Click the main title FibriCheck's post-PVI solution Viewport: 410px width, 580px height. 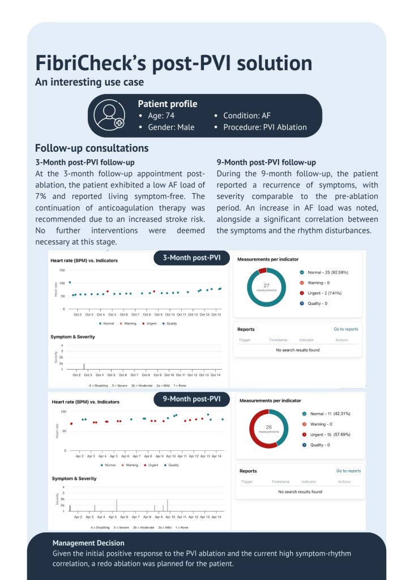pyautogui.click(x=173, y=62)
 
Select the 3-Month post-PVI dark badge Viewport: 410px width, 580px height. pyautogui.click(x=191, y=258)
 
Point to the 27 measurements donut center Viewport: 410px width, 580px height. pyautogui.click(x=266, y=287)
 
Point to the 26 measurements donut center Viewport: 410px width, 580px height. pyautogui.click(x=269, y=429)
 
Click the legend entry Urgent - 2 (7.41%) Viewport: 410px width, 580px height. pyautogui.click(x=327, y=293)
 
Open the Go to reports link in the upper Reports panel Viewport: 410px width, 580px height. pyautogui.click(x=346, y=329)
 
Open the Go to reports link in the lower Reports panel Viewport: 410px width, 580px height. pyautogui.click(x=348, y=471)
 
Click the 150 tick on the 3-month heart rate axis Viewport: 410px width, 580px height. pyautogui.click(x=62, y=270)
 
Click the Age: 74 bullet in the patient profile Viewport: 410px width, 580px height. pyautogui.click(x=161, y=116)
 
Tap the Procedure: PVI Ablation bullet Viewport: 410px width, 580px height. pyautogui.click(x=264, y=127)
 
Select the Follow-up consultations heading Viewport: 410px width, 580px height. pyautogui.click(x=92, y=148)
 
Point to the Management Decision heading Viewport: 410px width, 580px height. pyautogui.click(x=88, y=543)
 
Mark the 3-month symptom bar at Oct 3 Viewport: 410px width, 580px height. pyautogui.click(x=84, y=366)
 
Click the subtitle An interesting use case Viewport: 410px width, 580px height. pyautogui.click(x=89, y=82)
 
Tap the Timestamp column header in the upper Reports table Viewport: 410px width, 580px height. pyautogui.click(x=278, y=340)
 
